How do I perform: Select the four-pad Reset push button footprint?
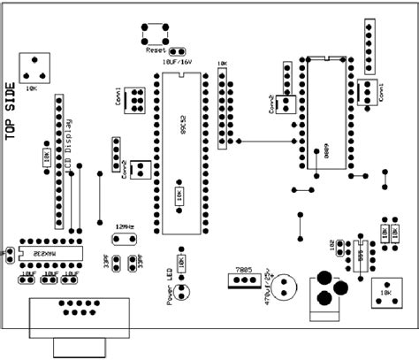[154, 33]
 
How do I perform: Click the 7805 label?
[244, 269]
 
